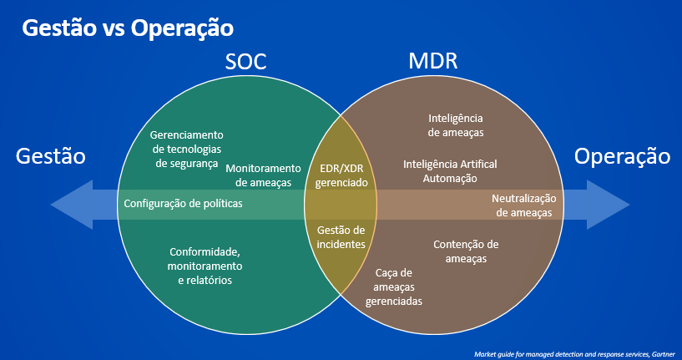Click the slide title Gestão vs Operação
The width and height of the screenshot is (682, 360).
click(128, 28)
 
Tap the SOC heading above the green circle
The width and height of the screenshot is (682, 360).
click(245, 62)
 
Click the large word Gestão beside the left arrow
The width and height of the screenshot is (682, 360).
click(50, 156)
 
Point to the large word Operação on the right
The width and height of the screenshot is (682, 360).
click(622, 157)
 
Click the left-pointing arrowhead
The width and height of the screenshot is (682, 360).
click(72, 205)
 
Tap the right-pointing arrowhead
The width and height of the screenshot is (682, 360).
click(608, 205)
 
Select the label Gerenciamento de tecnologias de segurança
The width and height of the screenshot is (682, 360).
click(187, 150)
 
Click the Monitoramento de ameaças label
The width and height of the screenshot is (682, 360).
click(263, 175)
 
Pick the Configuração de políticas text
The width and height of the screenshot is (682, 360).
click(183, 203)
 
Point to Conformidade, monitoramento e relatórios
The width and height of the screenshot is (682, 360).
click(205, 266)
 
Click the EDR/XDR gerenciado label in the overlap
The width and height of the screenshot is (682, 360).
click(341, 175)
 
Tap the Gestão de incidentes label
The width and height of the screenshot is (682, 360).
click(341, 237)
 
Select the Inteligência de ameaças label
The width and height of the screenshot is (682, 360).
click(456, 125)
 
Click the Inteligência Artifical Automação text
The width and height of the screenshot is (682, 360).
click(450, 171)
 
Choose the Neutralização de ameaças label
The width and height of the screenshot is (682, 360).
click(524, 205)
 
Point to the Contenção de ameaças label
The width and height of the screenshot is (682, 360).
click(466, 251)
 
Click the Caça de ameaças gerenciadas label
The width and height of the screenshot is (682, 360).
click(394, 286)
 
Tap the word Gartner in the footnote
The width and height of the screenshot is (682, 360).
click(665, 353)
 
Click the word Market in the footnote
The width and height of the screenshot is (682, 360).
click(482, 353)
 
